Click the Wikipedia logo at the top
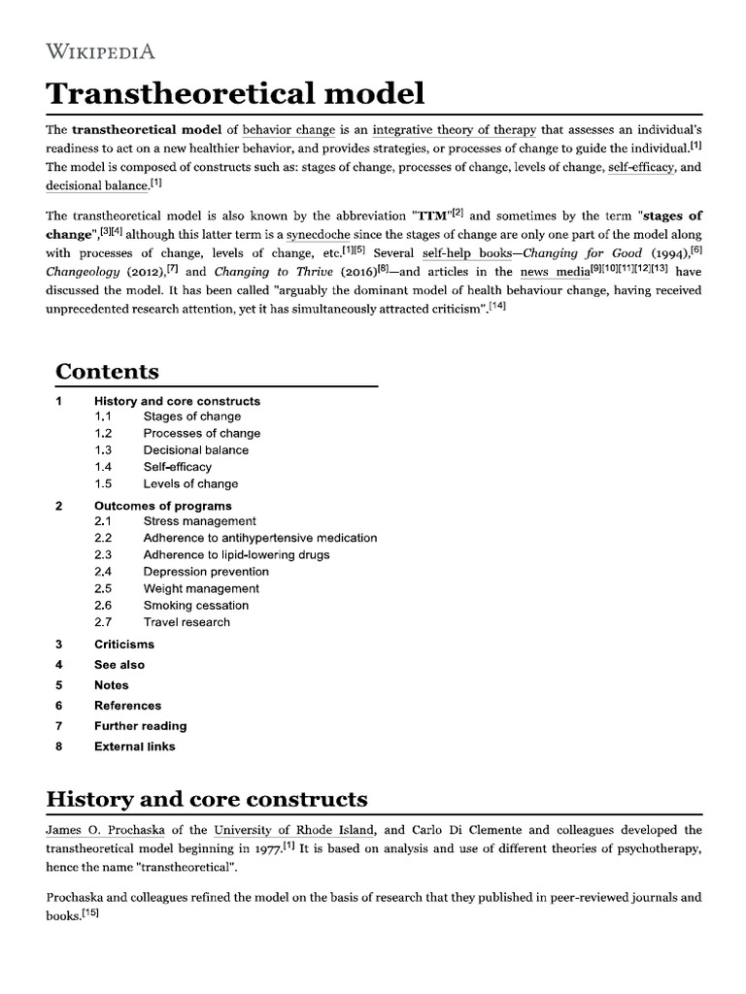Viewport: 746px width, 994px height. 101,50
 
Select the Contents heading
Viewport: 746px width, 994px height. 107,372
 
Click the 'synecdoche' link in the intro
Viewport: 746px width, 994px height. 318,234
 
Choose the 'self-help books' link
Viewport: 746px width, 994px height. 466,252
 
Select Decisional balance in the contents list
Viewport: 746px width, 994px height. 195,450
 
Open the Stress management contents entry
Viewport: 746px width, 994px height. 199,521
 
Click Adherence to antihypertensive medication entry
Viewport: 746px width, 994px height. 259,538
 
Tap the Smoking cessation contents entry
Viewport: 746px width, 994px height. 195,606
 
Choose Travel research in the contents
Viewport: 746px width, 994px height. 186,622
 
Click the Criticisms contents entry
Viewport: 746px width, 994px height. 123,645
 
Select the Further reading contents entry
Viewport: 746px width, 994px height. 140,726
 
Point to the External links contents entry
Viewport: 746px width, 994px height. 134,746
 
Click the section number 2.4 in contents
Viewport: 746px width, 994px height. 104,572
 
